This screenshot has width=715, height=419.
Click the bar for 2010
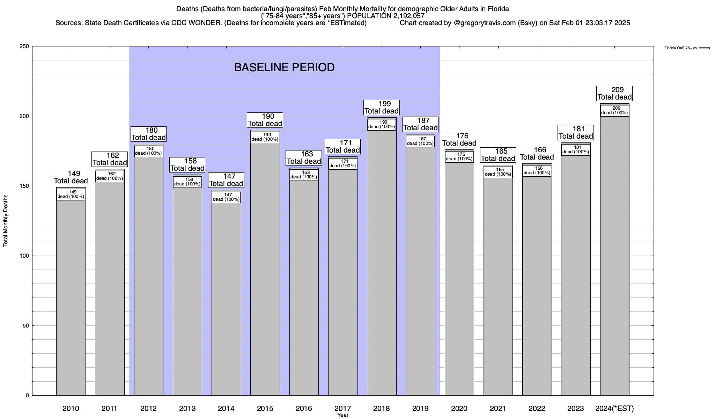pyautogui.click(x=71, y=297)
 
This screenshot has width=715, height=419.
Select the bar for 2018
pyautogui.click(x=382, y=262)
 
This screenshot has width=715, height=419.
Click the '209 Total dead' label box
pyautogui.click(x=614, y=94)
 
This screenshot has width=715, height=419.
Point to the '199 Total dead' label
pyautogui.click(x=382, y=108)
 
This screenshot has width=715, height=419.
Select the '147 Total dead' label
pyautogui.click(x=226, y=180)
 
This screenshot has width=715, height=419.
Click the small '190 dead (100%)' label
pyautogui.click(x=265, y=137)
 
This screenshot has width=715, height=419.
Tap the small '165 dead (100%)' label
pyautogui.click(x=498, y=172)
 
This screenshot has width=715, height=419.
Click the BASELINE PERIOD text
pyautogui.click(x=284, y=67)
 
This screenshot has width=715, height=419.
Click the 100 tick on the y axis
pyautogui.click(x=24, y=256)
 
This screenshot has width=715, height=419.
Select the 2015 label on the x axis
pyautogui.click(x=265, y=409)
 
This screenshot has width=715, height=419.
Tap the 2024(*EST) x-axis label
pyautogui.click(x=614, y=409)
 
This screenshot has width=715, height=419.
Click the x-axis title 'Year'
pyautogui.click(x=343, y=415)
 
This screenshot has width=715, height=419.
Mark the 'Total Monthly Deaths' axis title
pyautogui.click(x=6, y=221)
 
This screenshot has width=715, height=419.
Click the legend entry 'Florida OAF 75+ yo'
pyautogui.click(x=680, y=48)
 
